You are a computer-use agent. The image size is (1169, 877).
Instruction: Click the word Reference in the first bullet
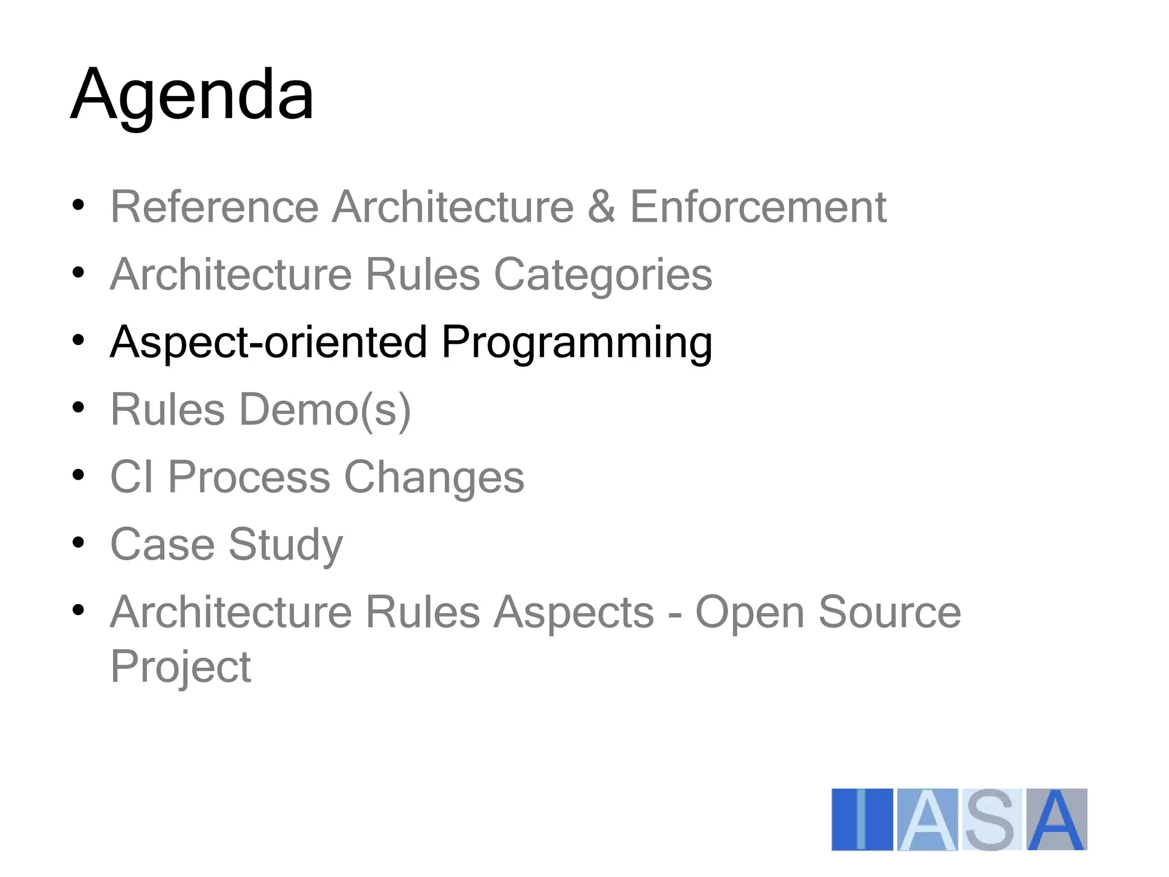[x=214, y=207]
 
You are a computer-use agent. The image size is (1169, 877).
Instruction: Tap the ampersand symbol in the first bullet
[x=602, y=207]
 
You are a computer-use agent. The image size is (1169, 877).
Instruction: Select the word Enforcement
[x=758, y=207]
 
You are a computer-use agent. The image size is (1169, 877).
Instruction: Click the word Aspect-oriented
[x=268, y=342]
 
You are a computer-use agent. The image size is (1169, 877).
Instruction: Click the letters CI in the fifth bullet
[x=132, y=477]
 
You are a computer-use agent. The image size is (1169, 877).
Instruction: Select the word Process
[x=249, y=477]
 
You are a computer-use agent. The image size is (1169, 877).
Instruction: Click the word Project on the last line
[x=180, y=667]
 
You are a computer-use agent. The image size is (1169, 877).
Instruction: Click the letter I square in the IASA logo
[x=862, y=819]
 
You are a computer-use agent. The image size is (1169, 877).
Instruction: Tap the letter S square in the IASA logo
[x=991, y=819]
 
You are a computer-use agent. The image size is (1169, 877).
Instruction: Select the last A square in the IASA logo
[x=1057, y=819]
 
